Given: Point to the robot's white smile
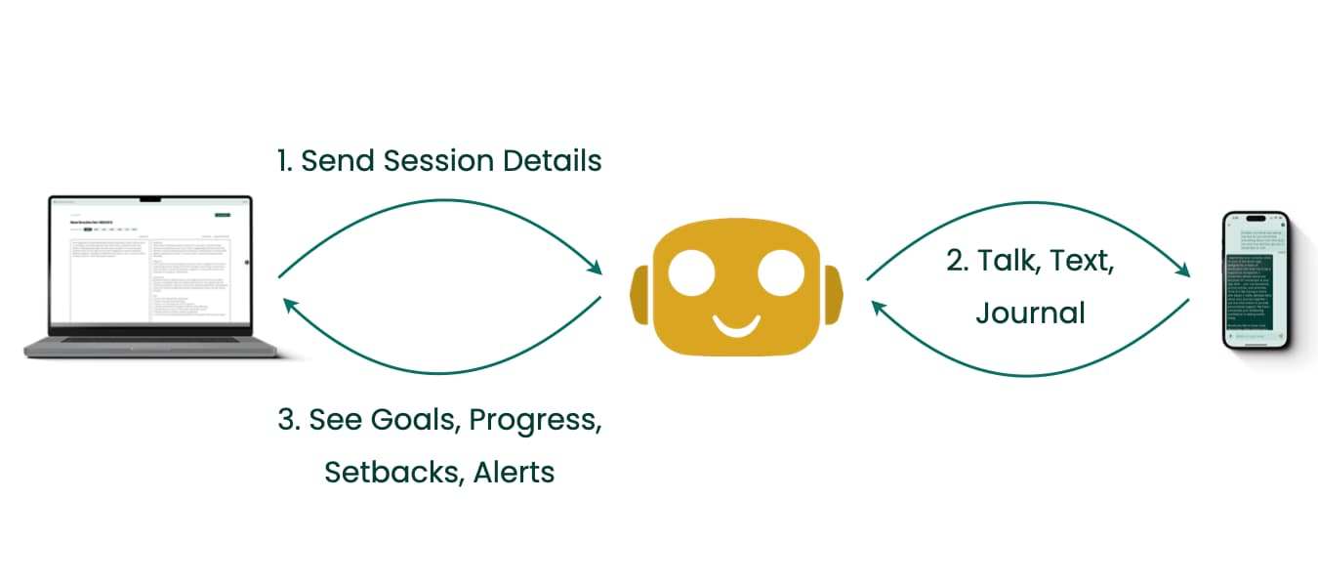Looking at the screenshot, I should click(x=735, y=323).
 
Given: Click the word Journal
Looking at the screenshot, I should click(x=1030, y=313).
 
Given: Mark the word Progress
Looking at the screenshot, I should click(x=533, y=422).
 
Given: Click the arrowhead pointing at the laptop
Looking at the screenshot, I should click(x=290, y=305).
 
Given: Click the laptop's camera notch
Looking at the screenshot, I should click(x=150, y=199).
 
